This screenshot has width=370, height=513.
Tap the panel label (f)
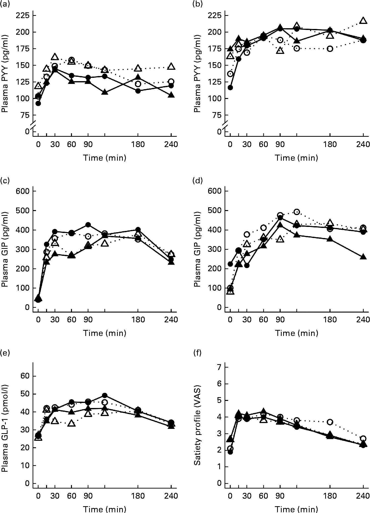click(197, 353)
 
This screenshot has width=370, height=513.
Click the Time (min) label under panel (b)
click(296, 158)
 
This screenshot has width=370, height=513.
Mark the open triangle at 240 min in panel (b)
click(363, 21)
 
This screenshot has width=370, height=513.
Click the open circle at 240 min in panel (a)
click(171, 82)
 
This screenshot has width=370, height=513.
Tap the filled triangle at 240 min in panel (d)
click(363, 257)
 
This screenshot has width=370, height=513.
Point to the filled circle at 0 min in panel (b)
click(230, 88)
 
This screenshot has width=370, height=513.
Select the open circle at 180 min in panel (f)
click(330, 422)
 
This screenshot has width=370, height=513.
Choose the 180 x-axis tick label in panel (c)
click(138, 320)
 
